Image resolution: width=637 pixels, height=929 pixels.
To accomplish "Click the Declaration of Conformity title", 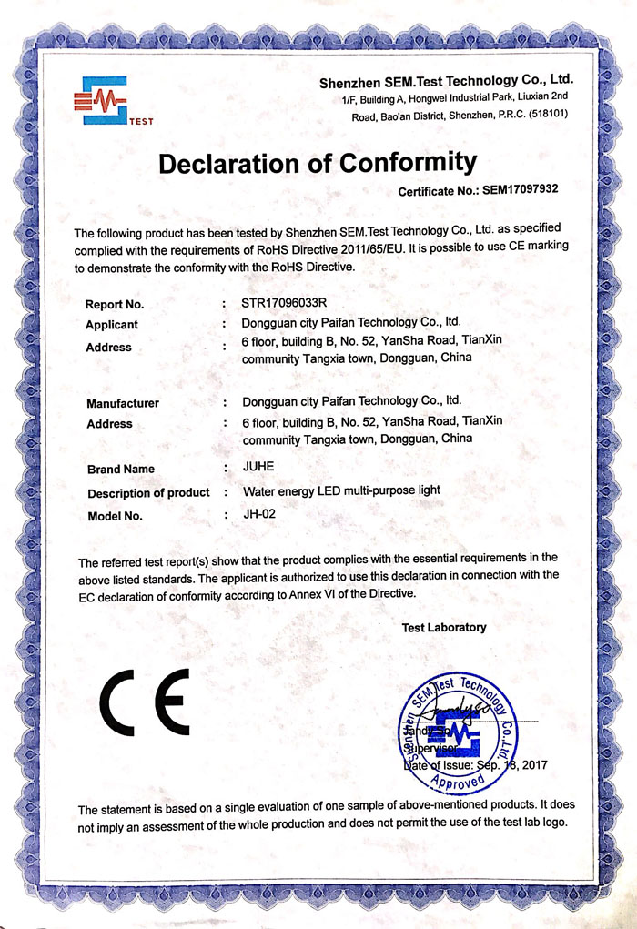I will click(x=318, y=163).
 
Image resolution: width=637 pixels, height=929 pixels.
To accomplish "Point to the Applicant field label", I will click(x=112, y=325).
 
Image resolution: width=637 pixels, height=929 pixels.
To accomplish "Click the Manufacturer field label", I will click(x=123, y=403).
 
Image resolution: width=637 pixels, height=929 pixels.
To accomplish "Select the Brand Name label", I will click(x=120, y=470).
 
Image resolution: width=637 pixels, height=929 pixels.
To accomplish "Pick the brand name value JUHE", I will click(x=258, y=466).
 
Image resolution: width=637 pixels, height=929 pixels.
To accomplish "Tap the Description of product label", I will click(x=148, y=493).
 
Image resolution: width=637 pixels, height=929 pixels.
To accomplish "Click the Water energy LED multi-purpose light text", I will click(x=341, y=490).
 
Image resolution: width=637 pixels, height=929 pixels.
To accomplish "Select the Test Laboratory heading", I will click(x=444, y=628).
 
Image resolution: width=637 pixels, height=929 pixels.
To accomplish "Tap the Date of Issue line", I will click(x=470, y=767).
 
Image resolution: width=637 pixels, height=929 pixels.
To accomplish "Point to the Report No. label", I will click(x=115, y=305).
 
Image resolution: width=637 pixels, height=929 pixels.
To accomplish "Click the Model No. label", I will click(x=116, y=517).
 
